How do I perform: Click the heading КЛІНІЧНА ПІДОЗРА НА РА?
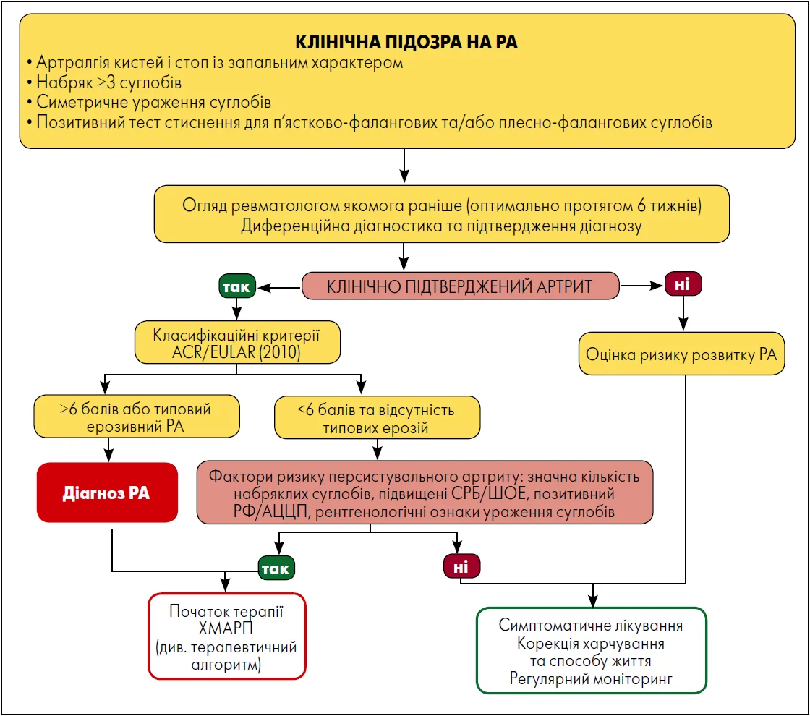(x=406, y=42)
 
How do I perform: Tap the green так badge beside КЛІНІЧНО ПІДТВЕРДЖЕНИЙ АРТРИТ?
(x=237, y=286)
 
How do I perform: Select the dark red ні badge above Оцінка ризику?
(x=683, y=284)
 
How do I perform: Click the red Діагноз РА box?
(x=108, y=493)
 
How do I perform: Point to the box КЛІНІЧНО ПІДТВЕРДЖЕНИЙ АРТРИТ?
(x=460, y=286)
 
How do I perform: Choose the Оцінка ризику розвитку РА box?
(x=681, y=354)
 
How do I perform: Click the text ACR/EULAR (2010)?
(x=236, y=352)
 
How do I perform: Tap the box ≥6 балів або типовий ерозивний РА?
(x=137, y=417)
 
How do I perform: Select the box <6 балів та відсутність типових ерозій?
(x=377, y=417)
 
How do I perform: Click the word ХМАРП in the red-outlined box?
(x=226, y=628)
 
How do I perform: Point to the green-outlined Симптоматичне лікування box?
(x=591, y=650)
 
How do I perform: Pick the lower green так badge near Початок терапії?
(x=276, y=568)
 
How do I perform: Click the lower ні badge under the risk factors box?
(x=461, y=566)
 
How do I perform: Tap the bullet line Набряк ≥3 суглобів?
(x=104, y=82)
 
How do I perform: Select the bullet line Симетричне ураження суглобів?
(x=149, y=102)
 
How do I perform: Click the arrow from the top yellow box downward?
(x=404, y=166)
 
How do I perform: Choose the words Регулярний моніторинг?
(x=591, y=678)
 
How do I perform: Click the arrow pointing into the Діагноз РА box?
(x=108, y=449)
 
